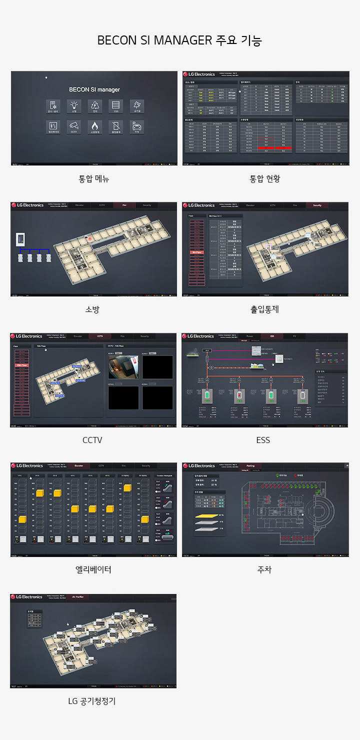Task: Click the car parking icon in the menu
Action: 136,126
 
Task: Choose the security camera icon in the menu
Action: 73,126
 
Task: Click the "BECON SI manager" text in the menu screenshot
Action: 94,89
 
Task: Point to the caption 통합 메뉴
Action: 93,178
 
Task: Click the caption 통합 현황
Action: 265,178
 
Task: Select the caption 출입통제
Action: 264,309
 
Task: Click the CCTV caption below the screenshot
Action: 92,440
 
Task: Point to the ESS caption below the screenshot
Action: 263,440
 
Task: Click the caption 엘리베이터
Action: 93,569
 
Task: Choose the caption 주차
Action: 264,569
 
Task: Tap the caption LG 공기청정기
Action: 92,701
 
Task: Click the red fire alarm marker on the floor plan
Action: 90,239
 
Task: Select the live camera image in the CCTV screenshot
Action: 123,367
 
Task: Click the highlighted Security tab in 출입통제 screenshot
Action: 317,205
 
